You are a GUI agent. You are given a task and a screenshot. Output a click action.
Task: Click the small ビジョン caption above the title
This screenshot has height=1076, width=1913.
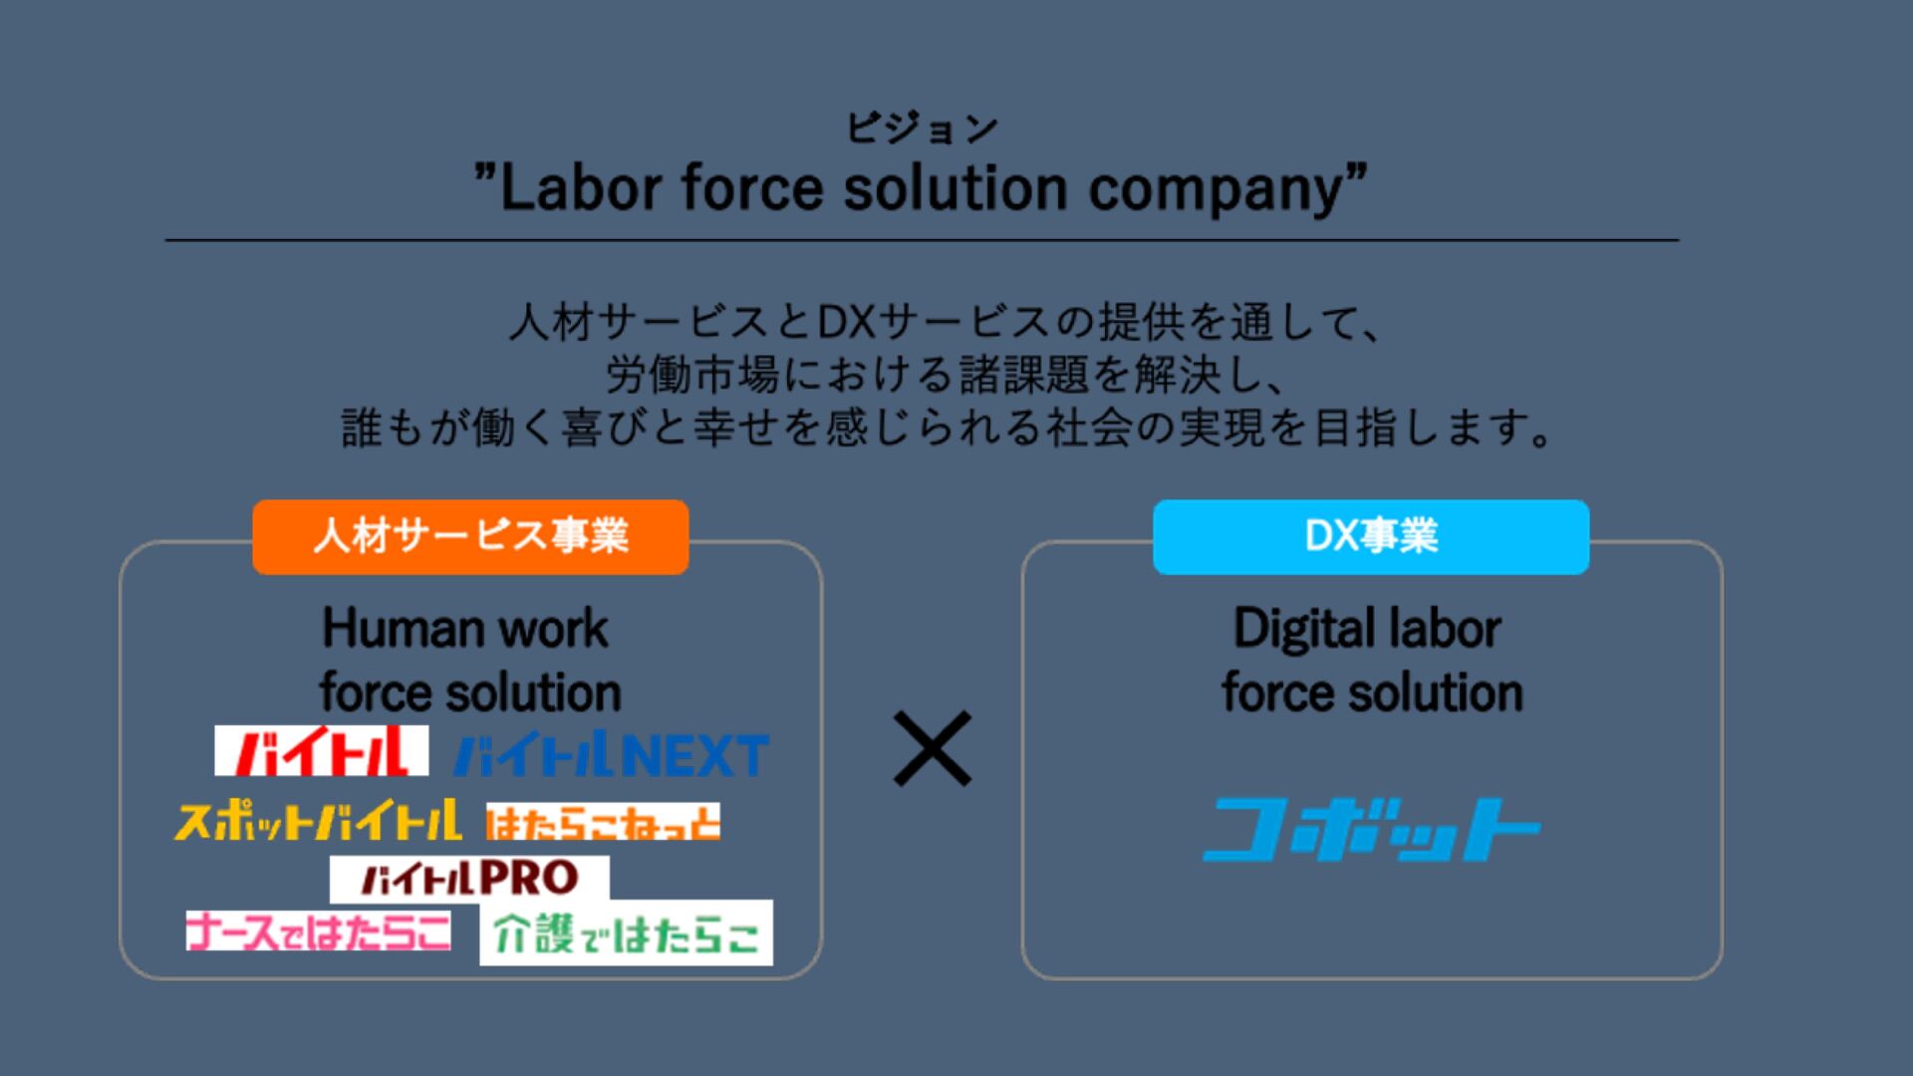pos(922,129)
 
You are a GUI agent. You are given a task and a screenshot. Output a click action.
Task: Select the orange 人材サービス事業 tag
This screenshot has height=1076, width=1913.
pos(470,537)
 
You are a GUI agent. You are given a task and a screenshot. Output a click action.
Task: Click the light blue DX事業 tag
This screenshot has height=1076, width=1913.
pos(1371,537)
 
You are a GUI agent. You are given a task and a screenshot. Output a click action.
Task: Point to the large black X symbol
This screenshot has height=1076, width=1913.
pos(932,748)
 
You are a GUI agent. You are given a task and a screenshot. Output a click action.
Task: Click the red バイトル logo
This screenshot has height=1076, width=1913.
pos(321,750)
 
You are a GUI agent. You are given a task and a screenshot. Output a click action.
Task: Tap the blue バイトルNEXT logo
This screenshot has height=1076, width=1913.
pos(611,755)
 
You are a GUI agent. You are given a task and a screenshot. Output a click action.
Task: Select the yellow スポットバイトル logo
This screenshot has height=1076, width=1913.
pos(318,821)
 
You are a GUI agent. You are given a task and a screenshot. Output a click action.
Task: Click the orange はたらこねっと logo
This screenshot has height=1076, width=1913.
pos(603,823)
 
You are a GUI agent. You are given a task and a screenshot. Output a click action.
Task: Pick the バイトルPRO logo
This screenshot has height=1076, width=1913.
pos(469,878)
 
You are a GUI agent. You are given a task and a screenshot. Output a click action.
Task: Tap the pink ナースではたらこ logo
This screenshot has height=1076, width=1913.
pos(318,932)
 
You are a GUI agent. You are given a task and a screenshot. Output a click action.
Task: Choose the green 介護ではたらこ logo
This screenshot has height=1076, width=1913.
pos(626,934)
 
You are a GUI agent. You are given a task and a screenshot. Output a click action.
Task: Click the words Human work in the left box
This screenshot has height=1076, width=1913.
pos(465,629)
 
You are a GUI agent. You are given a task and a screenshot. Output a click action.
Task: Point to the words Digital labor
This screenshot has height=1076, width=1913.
pos(1367,629)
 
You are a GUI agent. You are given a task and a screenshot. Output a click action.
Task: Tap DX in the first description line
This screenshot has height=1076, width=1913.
pos(845,322)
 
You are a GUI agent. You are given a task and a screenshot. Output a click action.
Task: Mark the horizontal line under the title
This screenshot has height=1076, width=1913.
pos(922,240)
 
